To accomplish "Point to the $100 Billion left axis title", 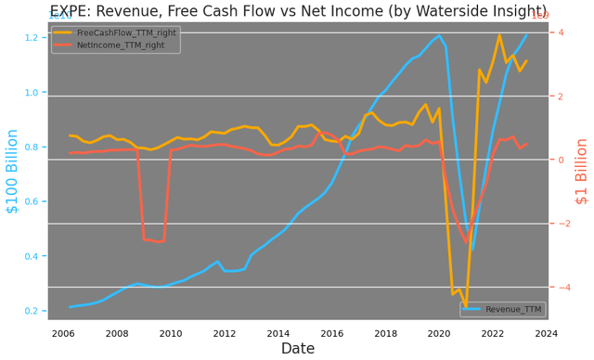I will click(x=12, y=171).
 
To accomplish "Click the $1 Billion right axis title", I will click(x=581, y=171).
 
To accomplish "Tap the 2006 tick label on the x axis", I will click(x=63, y=333).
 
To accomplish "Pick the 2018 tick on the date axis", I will click(x=385, y=333).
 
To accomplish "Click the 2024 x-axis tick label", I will click(x=547, y=333).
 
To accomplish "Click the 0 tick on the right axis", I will click(x=562, y=160).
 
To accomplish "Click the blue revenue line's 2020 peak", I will click(x=439, y=35).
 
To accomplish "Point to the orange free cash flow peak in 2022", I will click(x=499, y=35).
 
